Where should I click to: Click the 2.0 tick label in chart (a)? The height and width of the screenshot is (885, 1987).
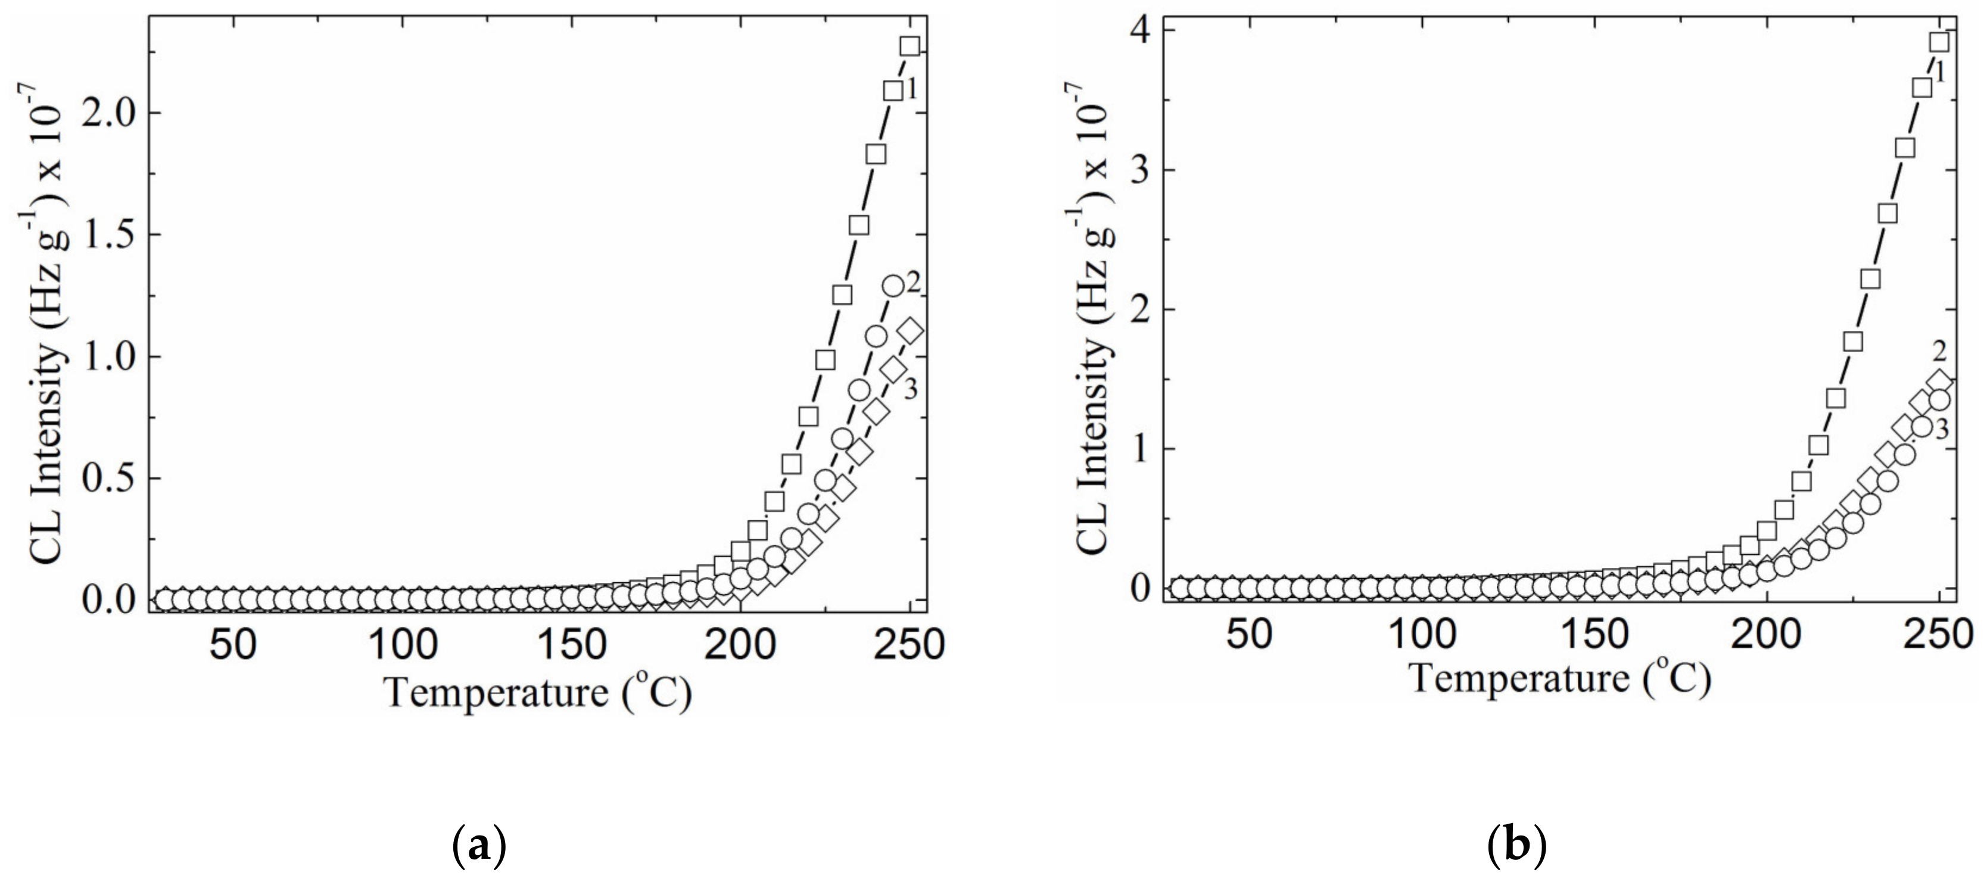[112, 113]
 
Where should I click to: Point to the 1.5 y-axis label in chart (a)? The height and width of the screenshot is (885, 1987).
[112, 235]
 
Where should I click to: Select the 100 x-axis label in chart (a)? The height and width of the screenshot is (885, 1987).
[400, 645]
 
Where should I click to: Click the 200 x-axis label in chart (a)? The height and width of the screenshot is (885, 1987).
[742, 645]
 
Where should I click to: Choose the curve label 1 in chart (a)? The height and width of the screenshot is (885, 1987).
[911, 90]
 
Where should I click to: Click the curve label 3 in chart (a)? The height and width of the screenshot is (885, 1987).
[910, 390]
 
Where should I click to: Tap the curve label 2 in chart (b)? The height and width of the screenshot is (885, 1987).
[1940, 351]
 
